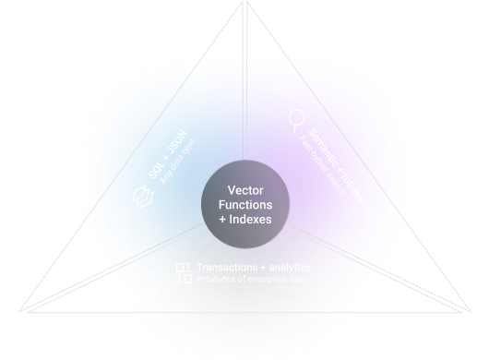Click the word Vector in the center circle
(244, 189)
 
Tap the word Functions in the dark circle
(244, 203)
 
